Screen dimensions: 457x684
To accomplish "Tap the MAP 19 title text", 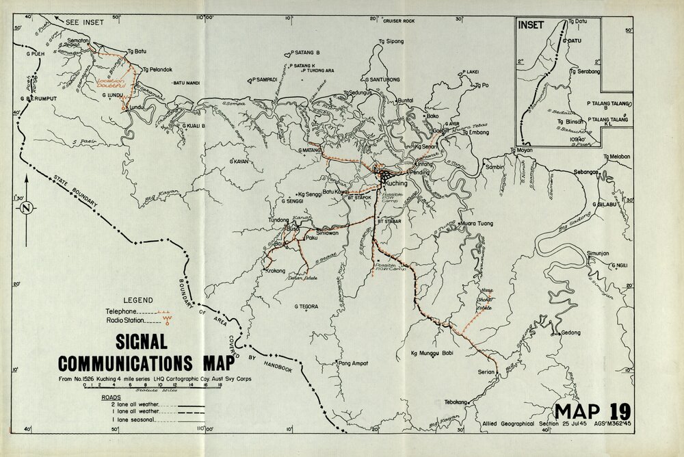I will (592, 411).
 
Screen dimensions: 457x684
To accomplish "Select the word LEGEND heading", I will (137, 300).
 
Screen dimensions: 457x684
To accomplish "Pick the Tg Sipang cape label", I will (391, 42).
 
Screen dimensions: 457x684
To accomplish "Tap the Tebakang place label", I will (459, 402).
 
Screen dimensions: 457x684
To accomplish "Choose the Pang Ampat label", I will (354, 363).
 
